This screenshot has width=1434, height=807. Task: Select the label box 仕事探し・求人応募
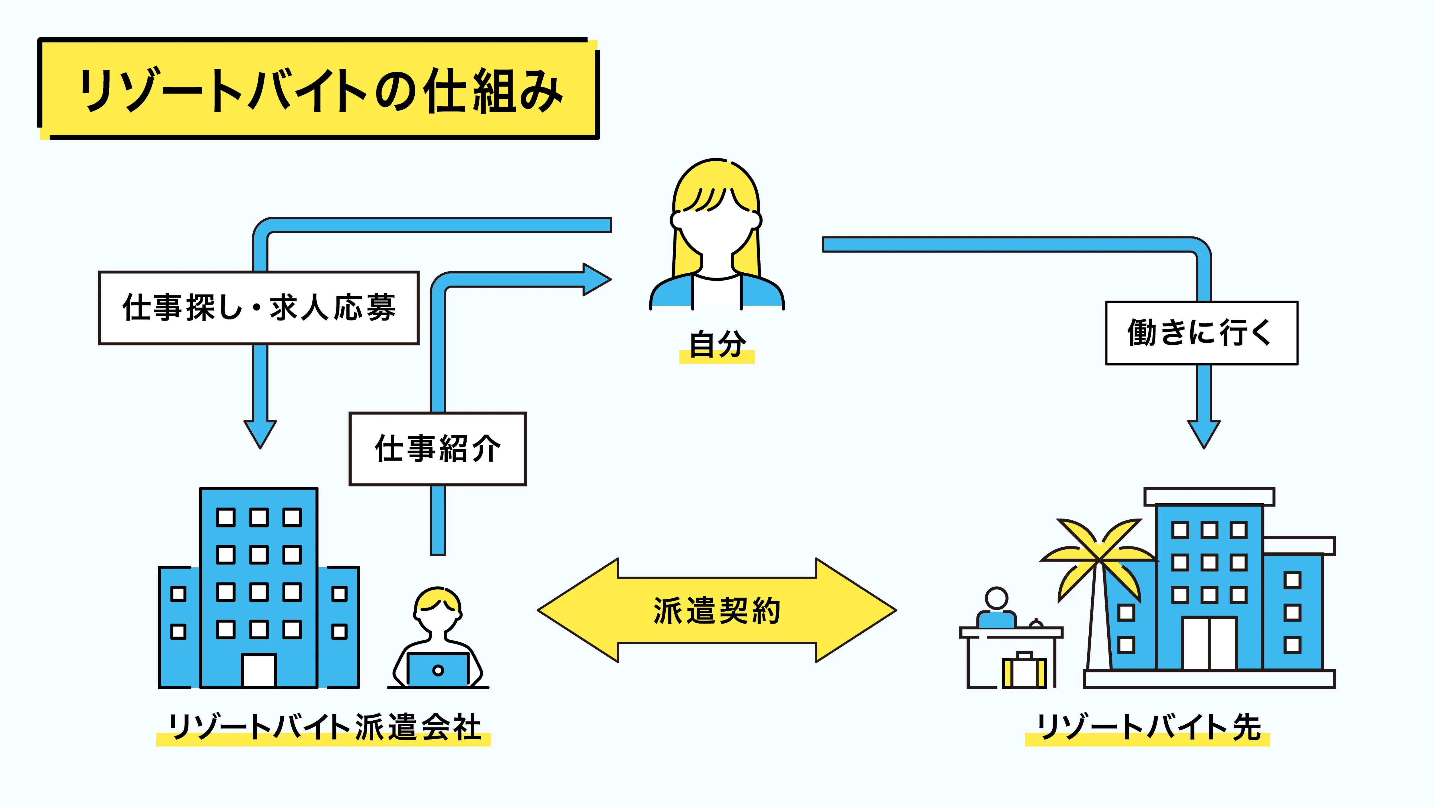[x=259, y=308]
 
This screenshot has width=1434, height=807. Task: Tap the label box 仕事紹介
[x=438, y=449]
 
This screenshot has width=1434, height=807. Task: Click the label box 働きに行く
[x=1201, y=333]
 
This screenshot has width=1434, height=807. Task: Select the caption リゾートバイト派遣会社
[x=325, y=727]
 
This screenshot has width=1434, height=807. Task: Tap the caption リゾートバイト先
[x=1148, y=727]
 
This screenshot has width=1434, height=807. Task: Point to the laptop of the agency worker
[x=438, y=670]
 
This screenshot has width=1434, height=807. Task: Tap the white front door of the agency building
[x=259, y=671]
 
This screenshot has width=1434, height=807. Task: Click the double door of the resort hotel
[x=1209, y=643]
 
